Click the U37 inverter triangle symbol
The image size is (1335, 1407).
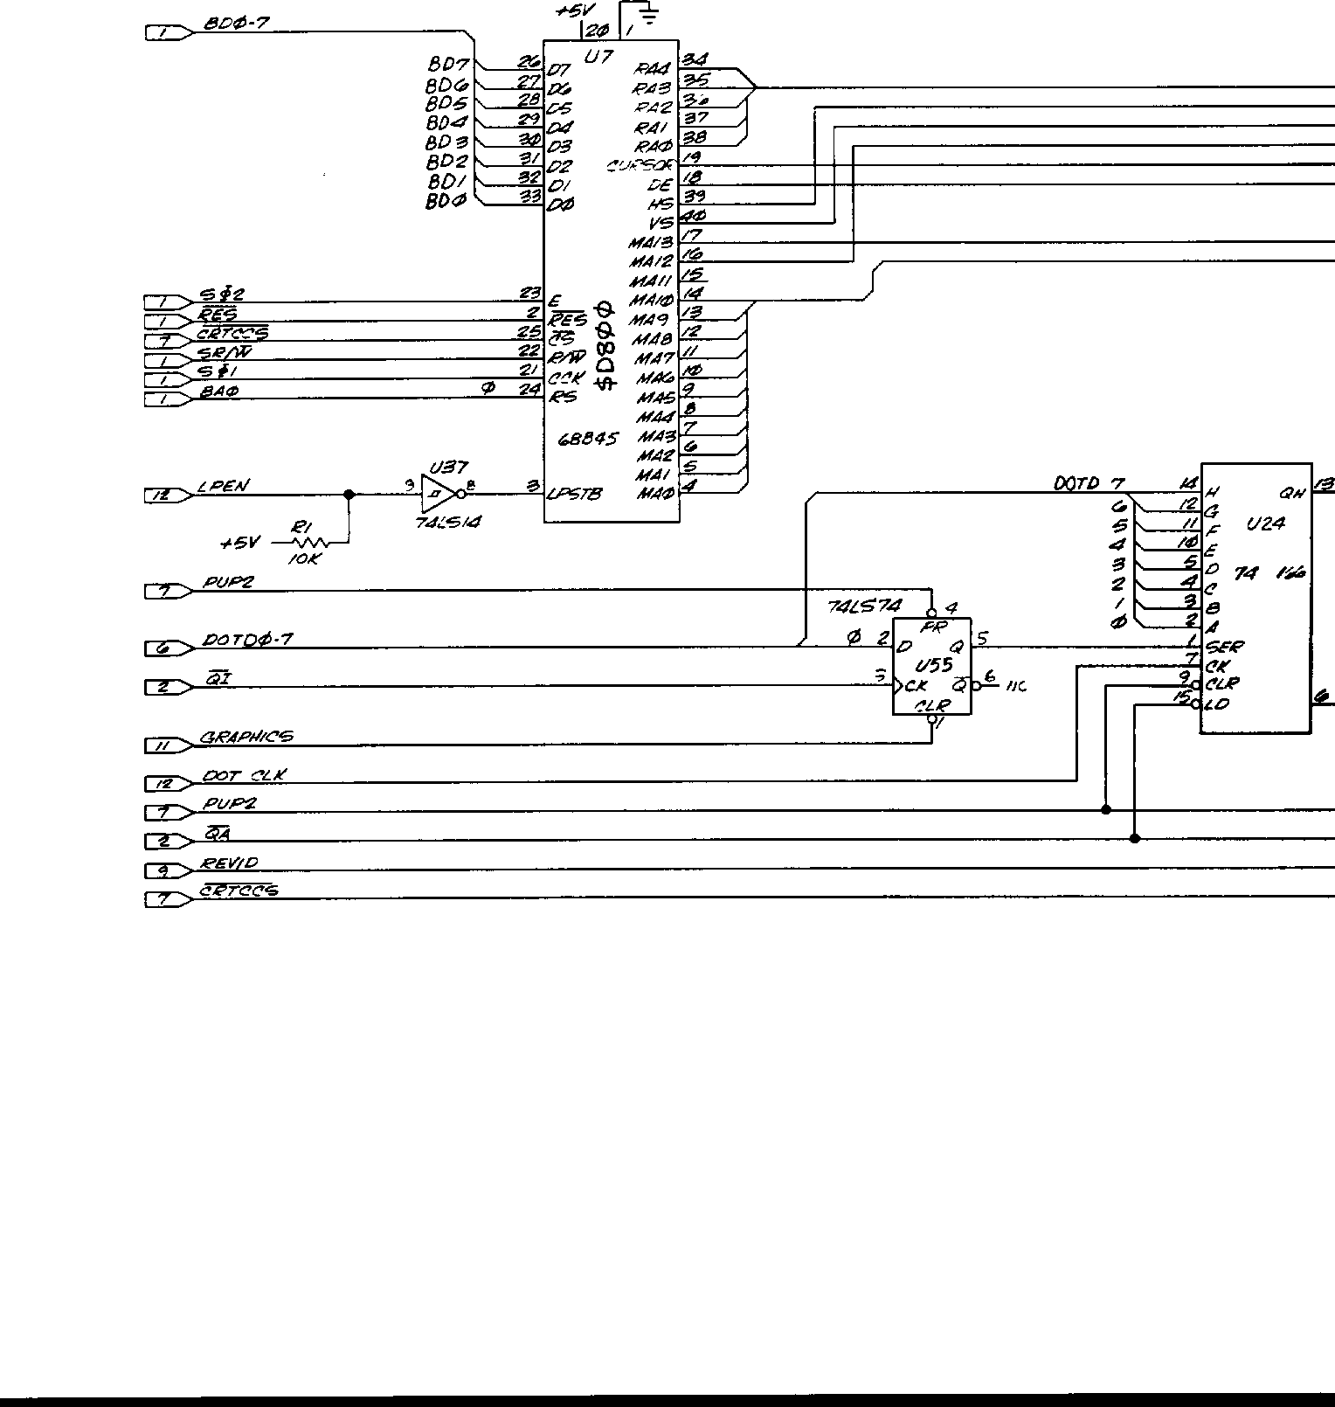pyautogui.click(x=437, y=495)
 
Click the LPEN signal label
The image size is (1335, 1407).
pyautogui.click(x=222, y=487)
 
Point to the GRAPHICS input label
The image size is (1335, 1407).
pyautogui.click(x=246, y=737)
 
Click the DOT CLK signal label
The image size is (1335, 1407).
pyautogui.click(x=244, y=775)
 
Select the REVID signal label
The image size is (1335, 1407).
pyautogui.click(x=229, y=863)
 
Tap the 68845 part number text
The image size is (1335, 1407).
pyautogui.click(x=587, y=440)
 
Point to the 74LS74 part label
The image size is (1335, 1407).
pyautogui.click(x=863, y=606)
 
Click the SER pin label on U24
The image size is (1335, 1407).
pyautogui.click(x=1225, y=648)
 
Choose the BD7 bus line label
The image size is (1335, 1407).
pyautogui.click(x=448, y=64)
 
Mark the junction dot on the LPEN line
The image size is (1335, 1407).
pyautogui.click(x=349, y=495)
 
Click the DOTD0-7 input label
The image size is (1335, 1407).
pyautogui.click(x=247, y=640)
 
